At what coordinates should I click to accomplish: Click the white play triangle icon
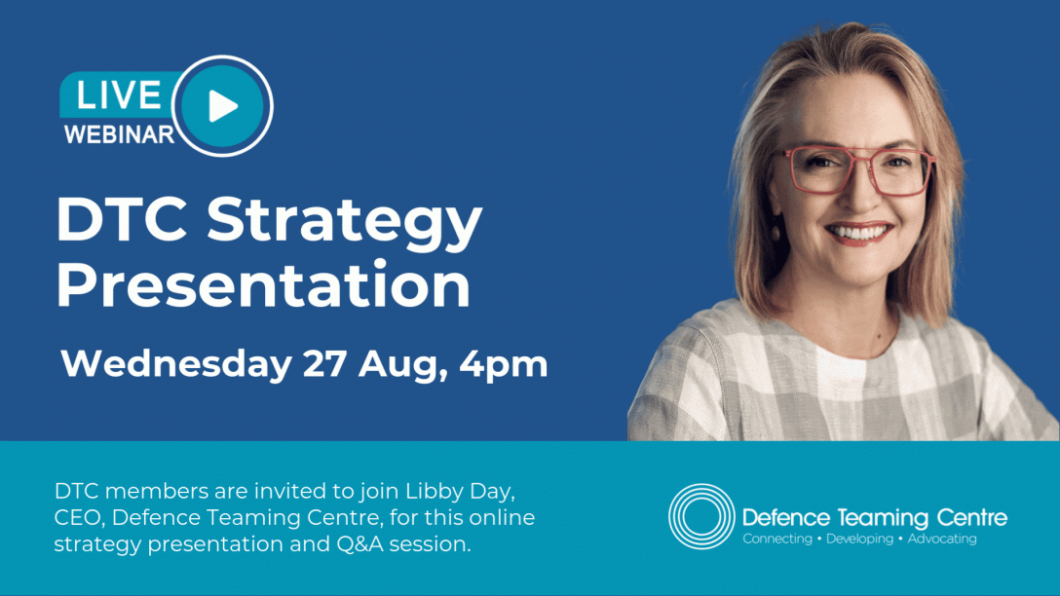[x=222, y=106]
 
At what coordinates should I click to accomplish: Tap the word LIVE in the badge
[x=118, y=94]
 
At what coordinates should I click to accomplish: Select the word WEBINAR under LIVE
[x=119, y=134]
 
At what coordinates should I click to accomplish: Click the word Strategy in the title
[x=344, y=221]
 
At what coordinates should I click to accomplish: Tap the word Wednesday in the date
[x=175, y=364]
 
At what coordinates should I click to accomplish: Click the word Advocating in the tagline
[x=942, y=540]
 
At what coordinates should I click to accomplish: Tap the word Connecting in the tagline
[x=777, y=540]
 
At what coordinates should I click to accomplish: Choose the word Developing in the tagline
[x=860, y=540]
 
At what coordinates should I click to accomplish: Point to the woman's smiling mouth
[x=859, y=234]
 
